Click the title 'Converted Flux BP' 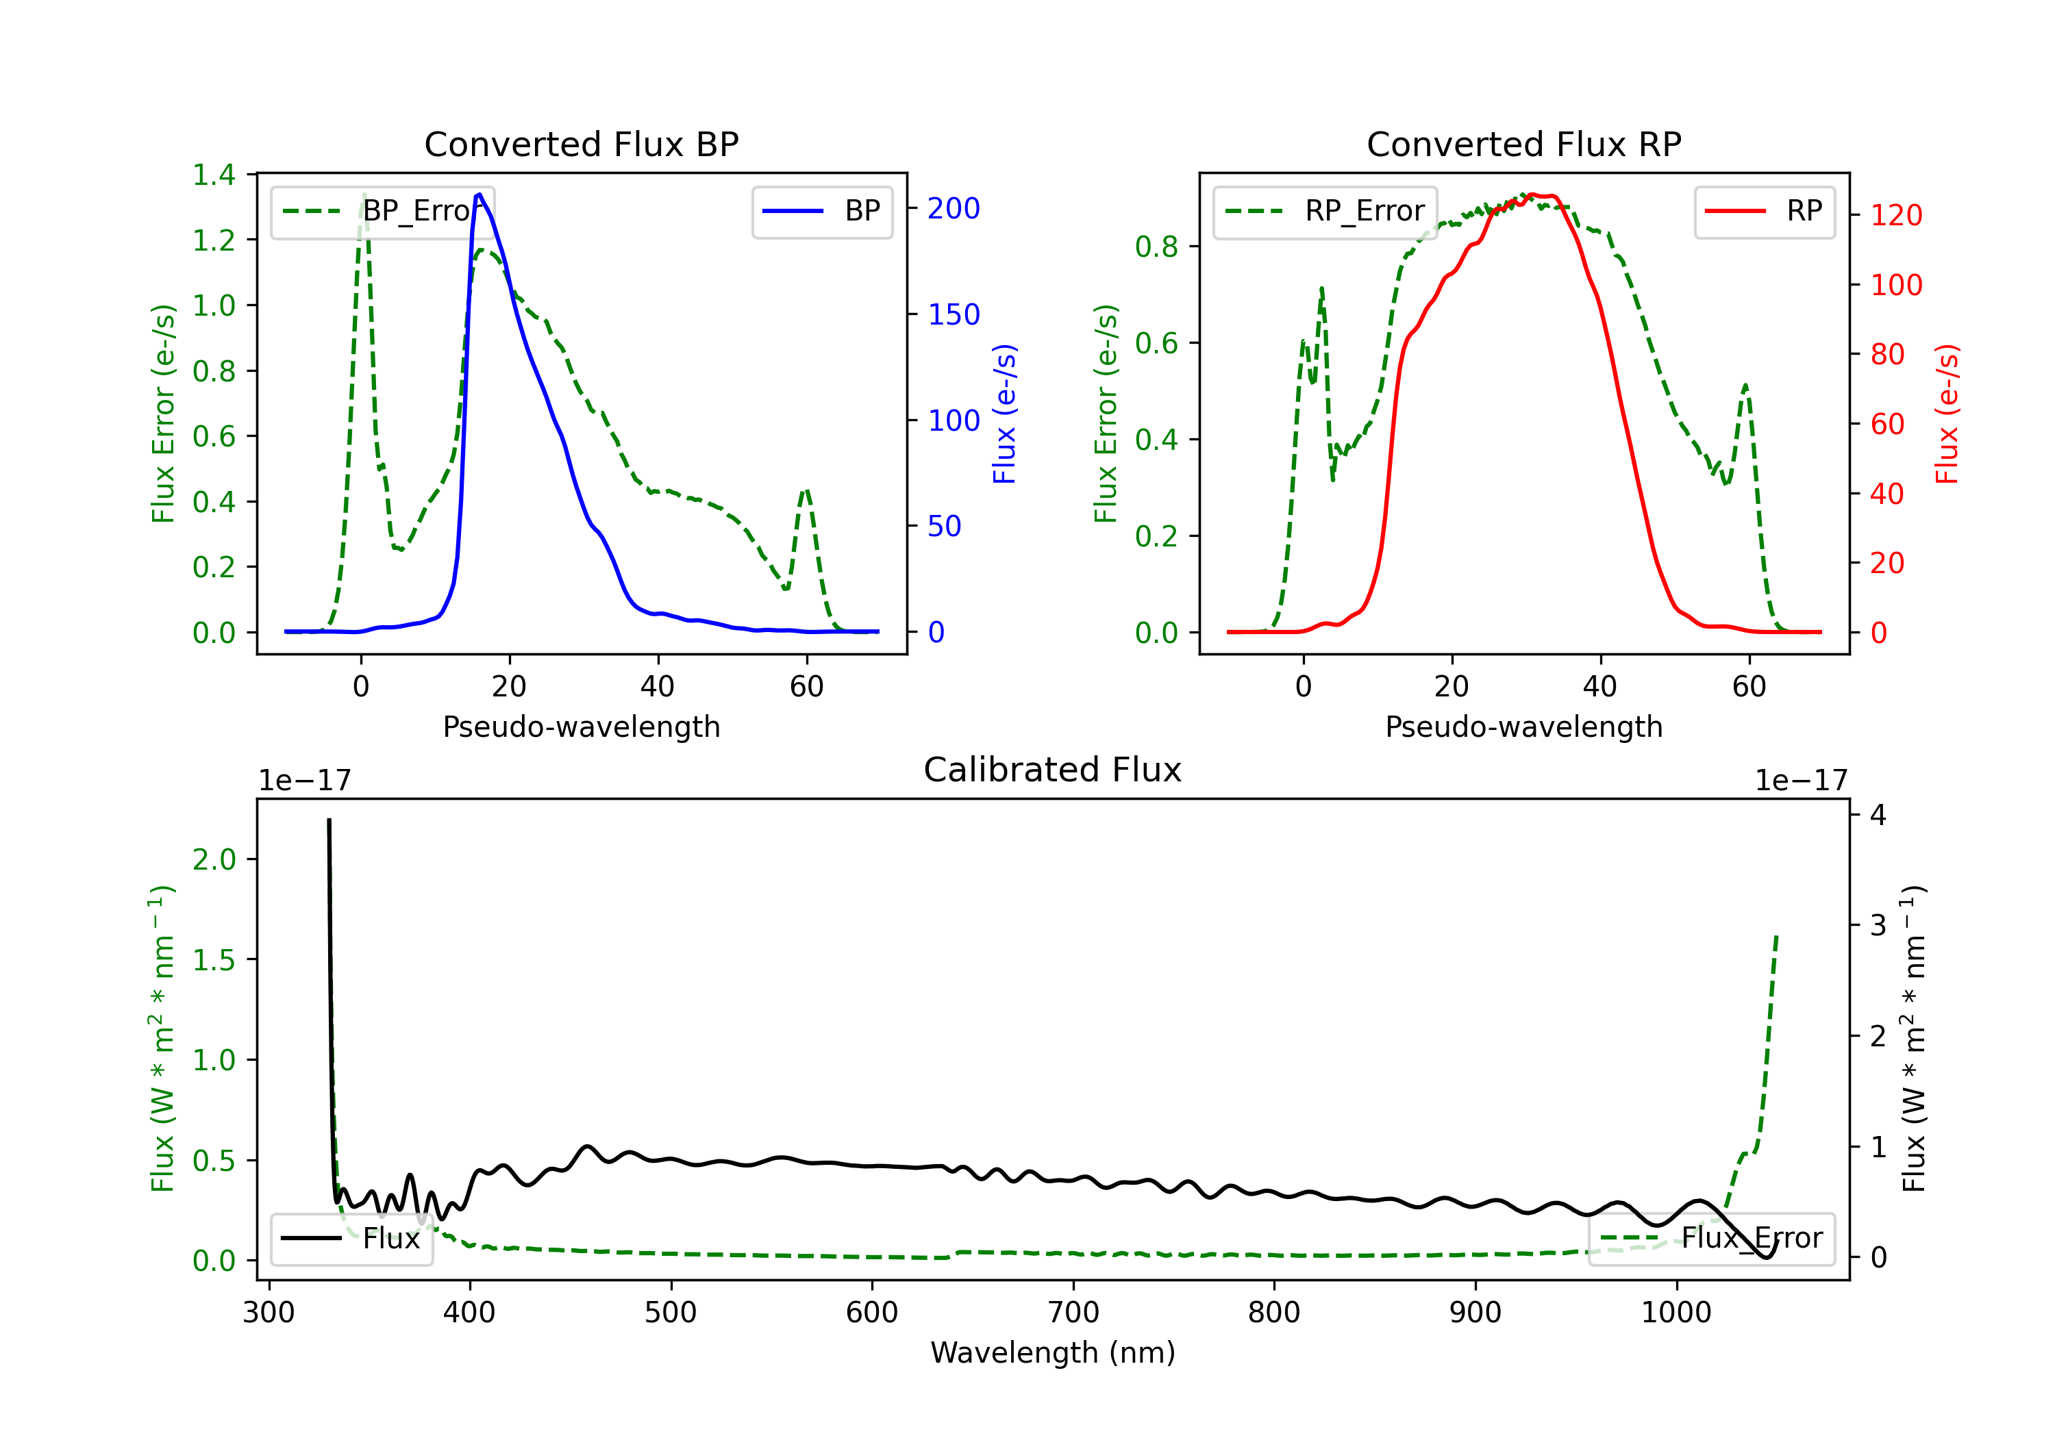tap(581, 144)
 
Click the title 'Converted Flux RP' tap(1523, 144)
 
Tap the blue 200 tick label tap(954, 208)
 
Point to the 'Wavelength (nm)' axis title tap(1053, 1353)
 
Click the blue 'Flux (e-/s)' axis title tap(1004, 414)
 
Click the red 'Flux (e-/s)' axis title tap(1947, 414)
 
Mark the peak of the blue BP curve tap(480, 194)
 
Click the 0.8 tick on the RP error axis tap(1156, 246)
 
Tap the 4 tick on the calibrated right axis tap(1878, 815)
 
